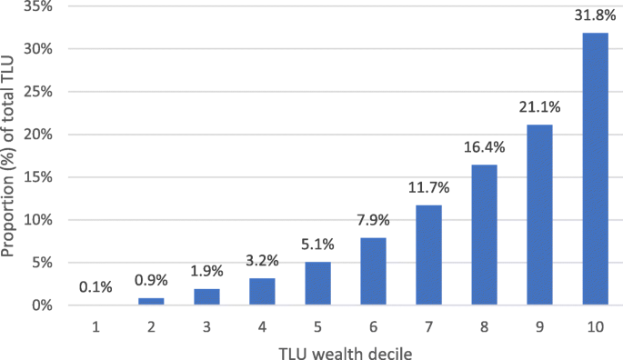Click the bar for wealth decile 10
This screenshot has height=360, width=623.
(594, 169)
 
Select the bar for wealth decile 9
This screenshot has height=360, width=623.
(538, 215)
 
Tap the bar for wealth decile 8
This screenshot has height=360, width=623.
(483, 235)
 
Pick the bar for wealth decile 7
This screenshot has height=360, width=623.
(427, 255)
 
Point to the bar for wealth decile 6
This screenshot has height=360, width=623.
(372, 271)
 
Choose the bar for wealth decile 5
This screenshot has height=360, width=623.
(317, 283)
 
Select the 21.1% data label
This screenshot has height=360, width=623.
(538, 107)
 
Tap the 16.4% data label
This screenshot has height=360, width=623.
(483, 147)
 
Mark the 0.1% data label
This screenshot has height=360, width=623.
(95, 287)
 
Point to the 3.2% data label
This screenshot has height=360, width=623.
(262, 261)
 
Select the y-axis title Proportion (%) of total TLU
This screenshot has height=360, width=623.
(10, 155)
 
